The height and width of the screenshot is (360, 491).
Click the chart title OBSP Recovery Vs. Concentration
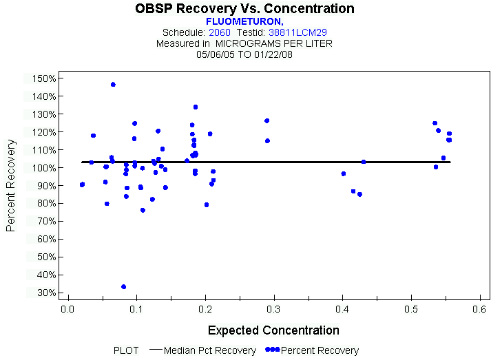tap(245, 9)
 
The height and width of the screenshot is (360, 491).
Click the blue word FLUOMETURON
tap(244, 21)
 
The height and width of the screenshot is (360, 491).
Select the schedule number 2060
tap(220, 32)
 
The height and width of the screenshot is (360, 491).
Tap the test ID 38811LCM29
tap(297, 32)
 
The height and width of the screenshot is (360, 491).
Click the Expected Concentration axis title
tap(273, 330)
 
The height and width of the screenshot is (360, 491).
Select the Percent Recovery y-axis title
tap(11, 185)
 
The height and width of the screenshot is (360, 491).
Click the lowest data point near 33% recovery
tap(123, 286)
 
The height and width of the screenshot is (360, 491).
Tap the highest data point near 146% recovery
tap(113, 84)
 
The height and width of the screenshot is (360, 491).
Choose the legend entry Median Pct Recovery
tap(211, 350)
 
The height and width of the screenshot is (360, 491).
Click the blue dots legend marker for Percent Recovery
tap(272, 350)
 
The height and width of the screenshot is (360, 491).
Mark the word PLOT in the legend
tap(126, 350)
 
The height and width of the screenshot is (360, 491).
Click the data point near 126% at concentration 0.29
tap(267, 120)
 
